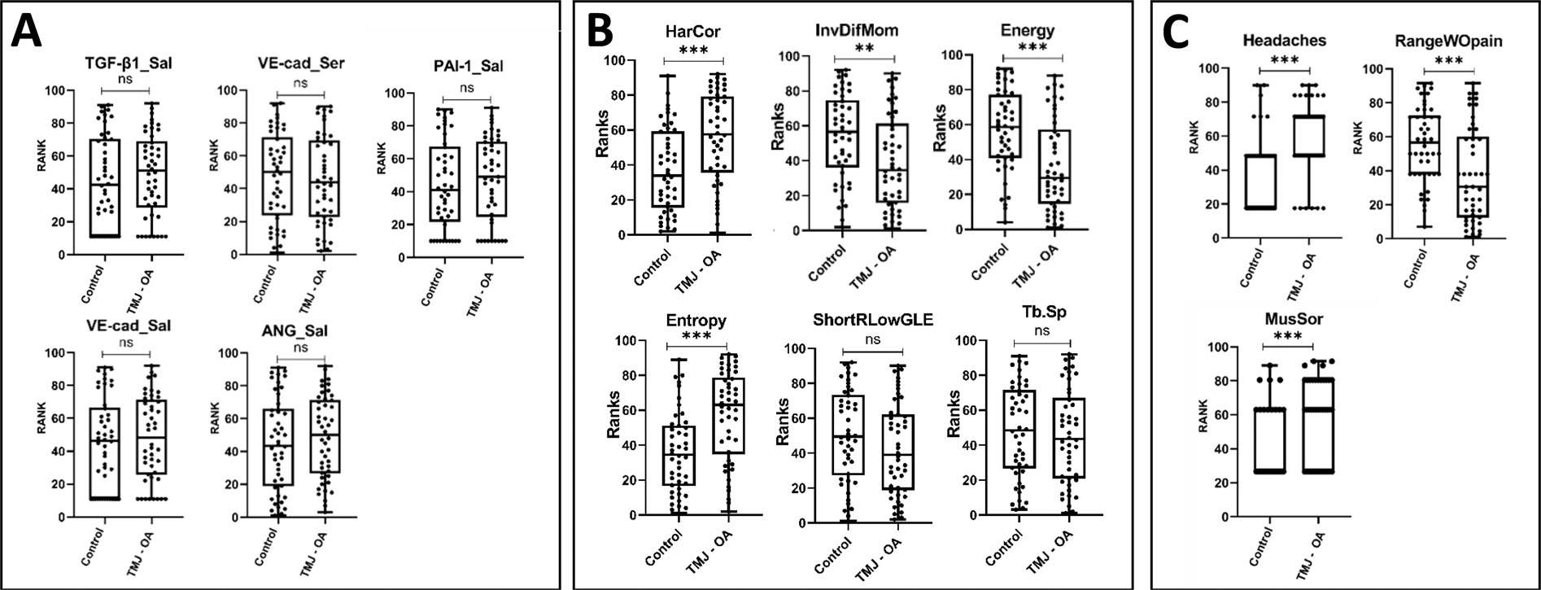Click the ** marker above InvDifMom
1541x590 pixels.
pyautogui.click(x=864, y=49)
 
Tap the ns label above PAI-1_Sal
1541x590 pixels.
pyautogui.click(x=467, y=87)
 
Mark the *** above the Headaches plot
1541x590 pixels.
pyautogui.click(x=1283, y=61)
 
